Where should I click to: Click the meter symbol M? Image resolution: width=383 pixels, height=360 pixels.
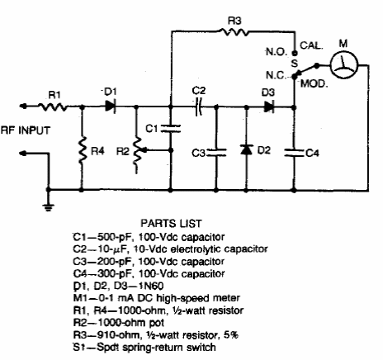pos(343,65)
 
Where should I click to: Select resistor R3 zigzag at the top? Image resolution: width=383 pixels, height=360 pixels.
pos(234,32)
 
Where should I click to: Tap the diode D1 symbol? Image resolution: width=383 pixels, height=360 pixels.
pos(111,107)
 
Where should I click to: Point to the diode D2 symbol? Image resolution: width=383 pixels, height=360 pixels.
pos(247,149)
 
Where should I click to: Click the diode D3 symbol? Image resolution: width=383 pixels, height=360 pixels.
pos(269,107)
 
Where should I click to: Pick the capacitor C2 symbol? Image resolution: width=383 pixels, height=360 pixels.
pos(199,107)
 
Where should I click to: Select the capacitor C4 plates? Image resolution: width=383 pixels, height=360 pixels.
pos(294,153)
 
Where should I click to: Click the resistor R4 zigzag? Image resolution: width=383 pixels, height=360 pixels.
pos(82,150)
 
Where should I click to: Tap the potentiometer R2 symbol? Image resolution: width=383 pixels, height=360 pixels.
pos(139,155)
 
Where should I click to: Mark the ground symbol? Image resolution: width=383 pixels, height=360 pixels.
pos(49,206)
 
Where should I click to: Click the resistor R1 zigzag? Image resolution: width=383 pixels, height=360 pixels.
pos(53,107)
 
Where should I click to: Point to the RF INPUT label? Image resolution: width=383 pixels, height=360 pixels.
pos(26,130)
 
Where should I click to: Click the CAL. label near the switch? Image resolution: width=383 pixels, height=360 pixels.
pos(311,45)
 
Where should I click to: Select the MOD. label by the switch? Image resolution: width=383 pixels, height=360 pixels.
pos(314,83)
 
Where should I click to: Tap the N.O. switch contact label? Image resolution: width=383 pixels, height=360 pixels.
pos(277,52)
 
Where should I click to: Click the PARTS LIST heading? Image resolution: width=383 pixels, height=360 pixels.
pos(172,223)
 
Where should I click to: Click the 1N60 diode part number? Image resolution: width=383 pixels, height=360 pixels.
pos(150,286)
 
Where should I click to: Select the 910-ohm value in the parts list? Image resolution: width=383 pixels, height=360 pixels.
pos(118,335)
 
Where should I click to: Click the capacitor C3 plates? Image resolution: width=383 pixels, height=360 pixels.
pos(216,153)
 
